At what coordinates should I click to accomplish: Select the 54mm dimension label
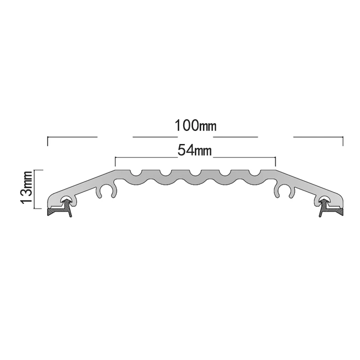[x=195, y=151]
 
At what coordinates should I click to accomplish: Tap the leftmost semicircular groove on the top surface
[x=135, y=173]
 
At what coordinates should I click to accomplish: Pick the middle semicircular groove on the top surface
[x=195, y=173]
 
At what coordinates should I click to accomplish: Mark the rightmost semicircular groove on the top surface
[x=255, y=173]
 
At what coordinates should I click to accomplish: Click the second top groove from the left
[x=165, y=173]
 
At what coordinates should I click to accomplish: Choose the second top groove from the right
[x=225, y=173]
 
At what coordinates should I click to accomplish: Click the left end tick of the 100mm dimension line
[x=48, y=141]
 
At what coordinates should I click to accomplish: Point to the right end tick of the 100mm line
[x=343, y=141]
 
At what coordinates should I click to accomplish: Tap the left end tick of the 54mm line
[x=116, y=162]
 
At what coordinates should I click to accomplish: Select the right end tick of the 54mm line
[x=275, y=162]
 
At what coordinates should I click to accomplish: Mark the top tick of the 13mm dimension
[x=39, y=170]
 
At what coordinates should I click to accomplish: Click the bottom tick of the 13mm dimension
[x=39, y=209]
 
